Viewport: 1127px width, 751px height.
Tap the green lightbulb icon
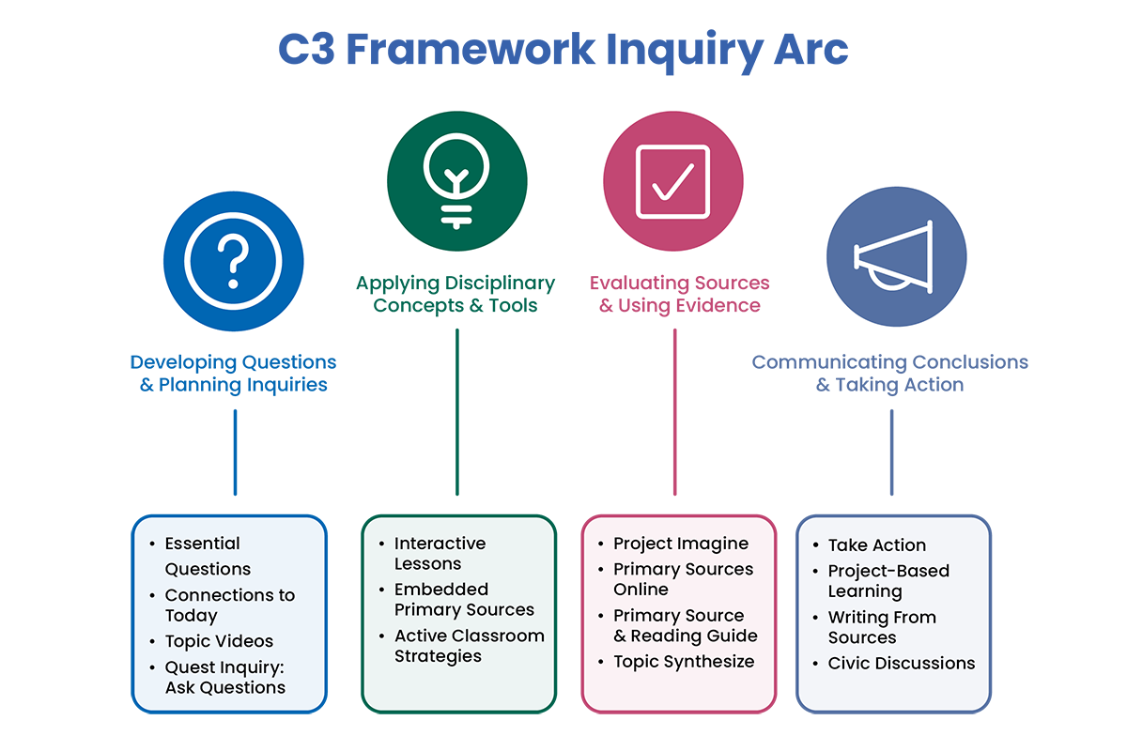coord(457,178)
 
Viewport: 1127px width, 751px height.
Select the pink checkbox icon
coord(672,178)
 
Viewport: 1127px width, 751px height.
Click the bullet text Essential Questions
coord(208,556)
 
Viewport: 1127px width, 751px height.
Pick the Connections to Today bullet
coord(229,605)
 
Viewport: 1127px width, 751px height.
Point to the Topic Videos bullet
coord(219,641)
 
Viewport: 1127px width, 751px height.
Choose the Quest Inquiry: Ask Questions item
coord(224,677)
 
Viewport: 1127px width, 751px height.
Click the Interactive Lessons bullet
coord(440,553)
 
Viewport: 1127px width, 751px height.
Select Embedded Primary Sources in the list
coord(464,599)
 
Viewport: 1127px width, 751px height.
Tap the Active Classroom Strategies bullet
coord(469,645)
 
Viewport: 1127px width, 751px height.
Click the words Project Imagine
coord(681,544)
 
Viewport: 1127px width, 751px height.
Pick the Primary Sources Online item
coord(683,579)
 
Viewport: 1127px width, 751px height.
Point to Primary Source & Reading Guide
coord(685,625)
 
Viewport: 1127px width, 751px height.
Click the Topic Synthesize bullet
coord(684,661)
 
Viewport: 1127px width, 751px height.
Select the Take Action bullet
coord(876,544)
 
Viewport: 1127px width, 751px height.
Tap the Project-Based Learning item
coord(888,580)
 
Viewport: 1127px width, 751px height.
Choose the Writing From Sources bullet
coord(881,626)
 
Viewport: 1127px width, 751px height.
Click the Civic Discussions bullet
coord(901,663)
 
